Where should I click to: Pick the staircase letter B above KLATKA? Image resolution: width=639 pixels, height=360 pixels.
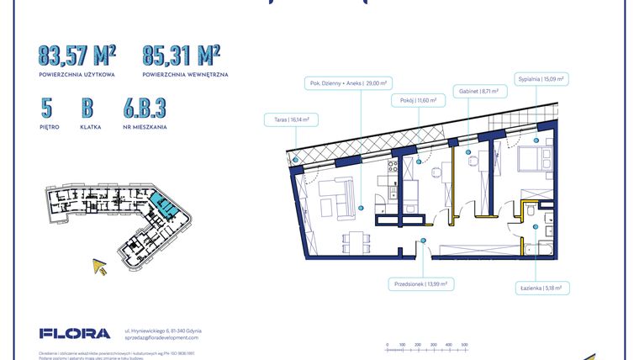tap(87, 109)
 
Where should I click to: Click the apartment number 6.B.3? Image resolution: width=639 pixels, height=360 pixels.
tap(144, 109)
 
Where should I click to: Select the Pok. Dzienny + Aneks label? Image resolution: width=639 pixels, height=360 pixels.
tap(341, 83)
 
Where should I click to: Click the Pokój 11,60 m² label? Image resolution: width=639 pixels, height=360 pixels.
tap(413, 99)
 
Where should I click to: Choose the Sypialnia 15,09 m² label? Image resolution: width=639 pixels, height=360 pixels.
tap(539, 78)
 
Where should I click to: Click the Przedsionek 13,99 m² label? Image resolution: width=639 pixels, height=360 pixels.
tap(420, 284)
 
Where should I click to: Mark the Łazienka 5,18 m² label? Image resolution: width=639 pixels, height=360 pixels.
tap(539, 288)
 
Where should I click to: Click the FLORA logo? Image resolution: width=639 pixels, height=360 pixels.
tap(75, 333)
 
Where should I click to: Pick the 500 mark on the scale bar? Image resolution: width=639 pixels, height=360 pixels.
tap(464, 345)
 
